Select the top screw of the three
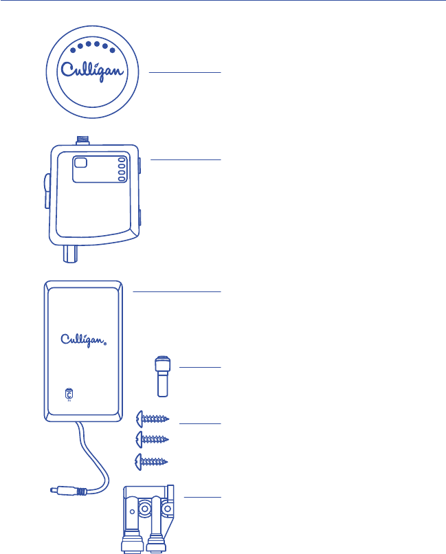click(153, 417)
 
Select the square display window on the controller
click(81, 163)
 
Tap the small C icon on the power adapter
click(68, 394)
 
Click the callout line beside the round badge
click(186, 72)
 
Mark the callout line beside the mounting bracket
click(204, 496)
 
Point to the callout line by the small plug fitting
click(200, 368)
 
